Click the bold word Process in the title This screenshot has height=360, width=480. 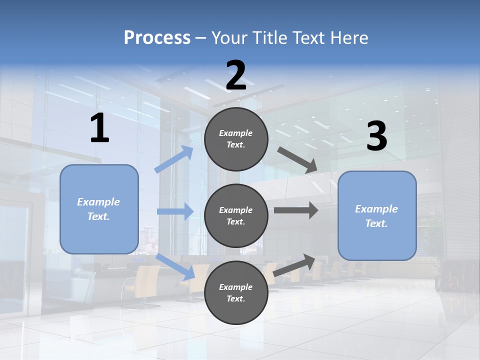157,38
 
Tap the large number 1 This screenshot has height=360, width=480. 99,128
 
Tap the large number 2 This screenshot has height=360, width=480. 236,76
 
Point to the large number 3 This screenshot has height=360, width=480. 376,136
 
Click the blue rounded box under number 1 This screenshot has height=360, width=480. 99,209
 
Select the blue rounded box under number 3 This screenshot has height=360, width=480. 377,215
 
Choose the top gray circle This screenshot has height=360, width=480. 236,138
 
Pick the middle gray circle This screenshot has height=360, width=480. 236,215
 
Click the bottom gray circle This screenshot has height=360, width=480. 236,292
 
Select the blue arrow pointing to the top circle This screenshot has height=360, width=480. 174,159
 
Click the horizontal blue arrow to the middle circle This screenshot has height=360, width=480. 175,211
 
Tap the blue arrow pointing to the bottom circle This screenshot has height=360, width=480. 175,266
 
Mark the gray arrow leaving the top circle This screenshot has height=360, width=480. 297,160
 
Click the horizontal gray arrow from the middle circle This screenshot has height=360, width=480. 295,210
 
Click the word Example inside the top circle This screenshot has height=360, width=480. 236,133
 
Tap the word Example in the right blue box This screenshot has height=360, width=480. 376,209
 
